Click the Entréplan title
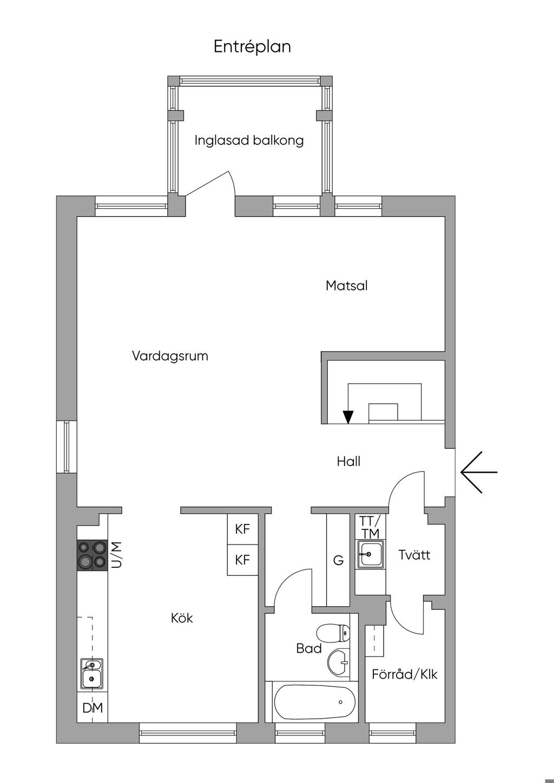[x=252, y=47]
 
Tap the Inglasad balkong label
[x=249, y=141]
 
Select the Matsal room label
[x=347, y=286]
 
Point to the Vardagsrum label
[x=170, y=356]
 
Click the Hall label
[x=349, y=461]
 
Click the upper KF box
[x=243, y=529]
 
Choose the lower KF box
[x=243, y=560]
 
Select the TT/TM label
[x=370, y=527]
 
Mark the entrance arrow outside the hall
[x=479, y=472]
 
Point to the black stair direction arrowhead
[x=348, y=417]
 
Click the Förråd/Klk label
[x=405, y=674]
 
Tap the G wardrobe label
[x=338, y=560]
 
